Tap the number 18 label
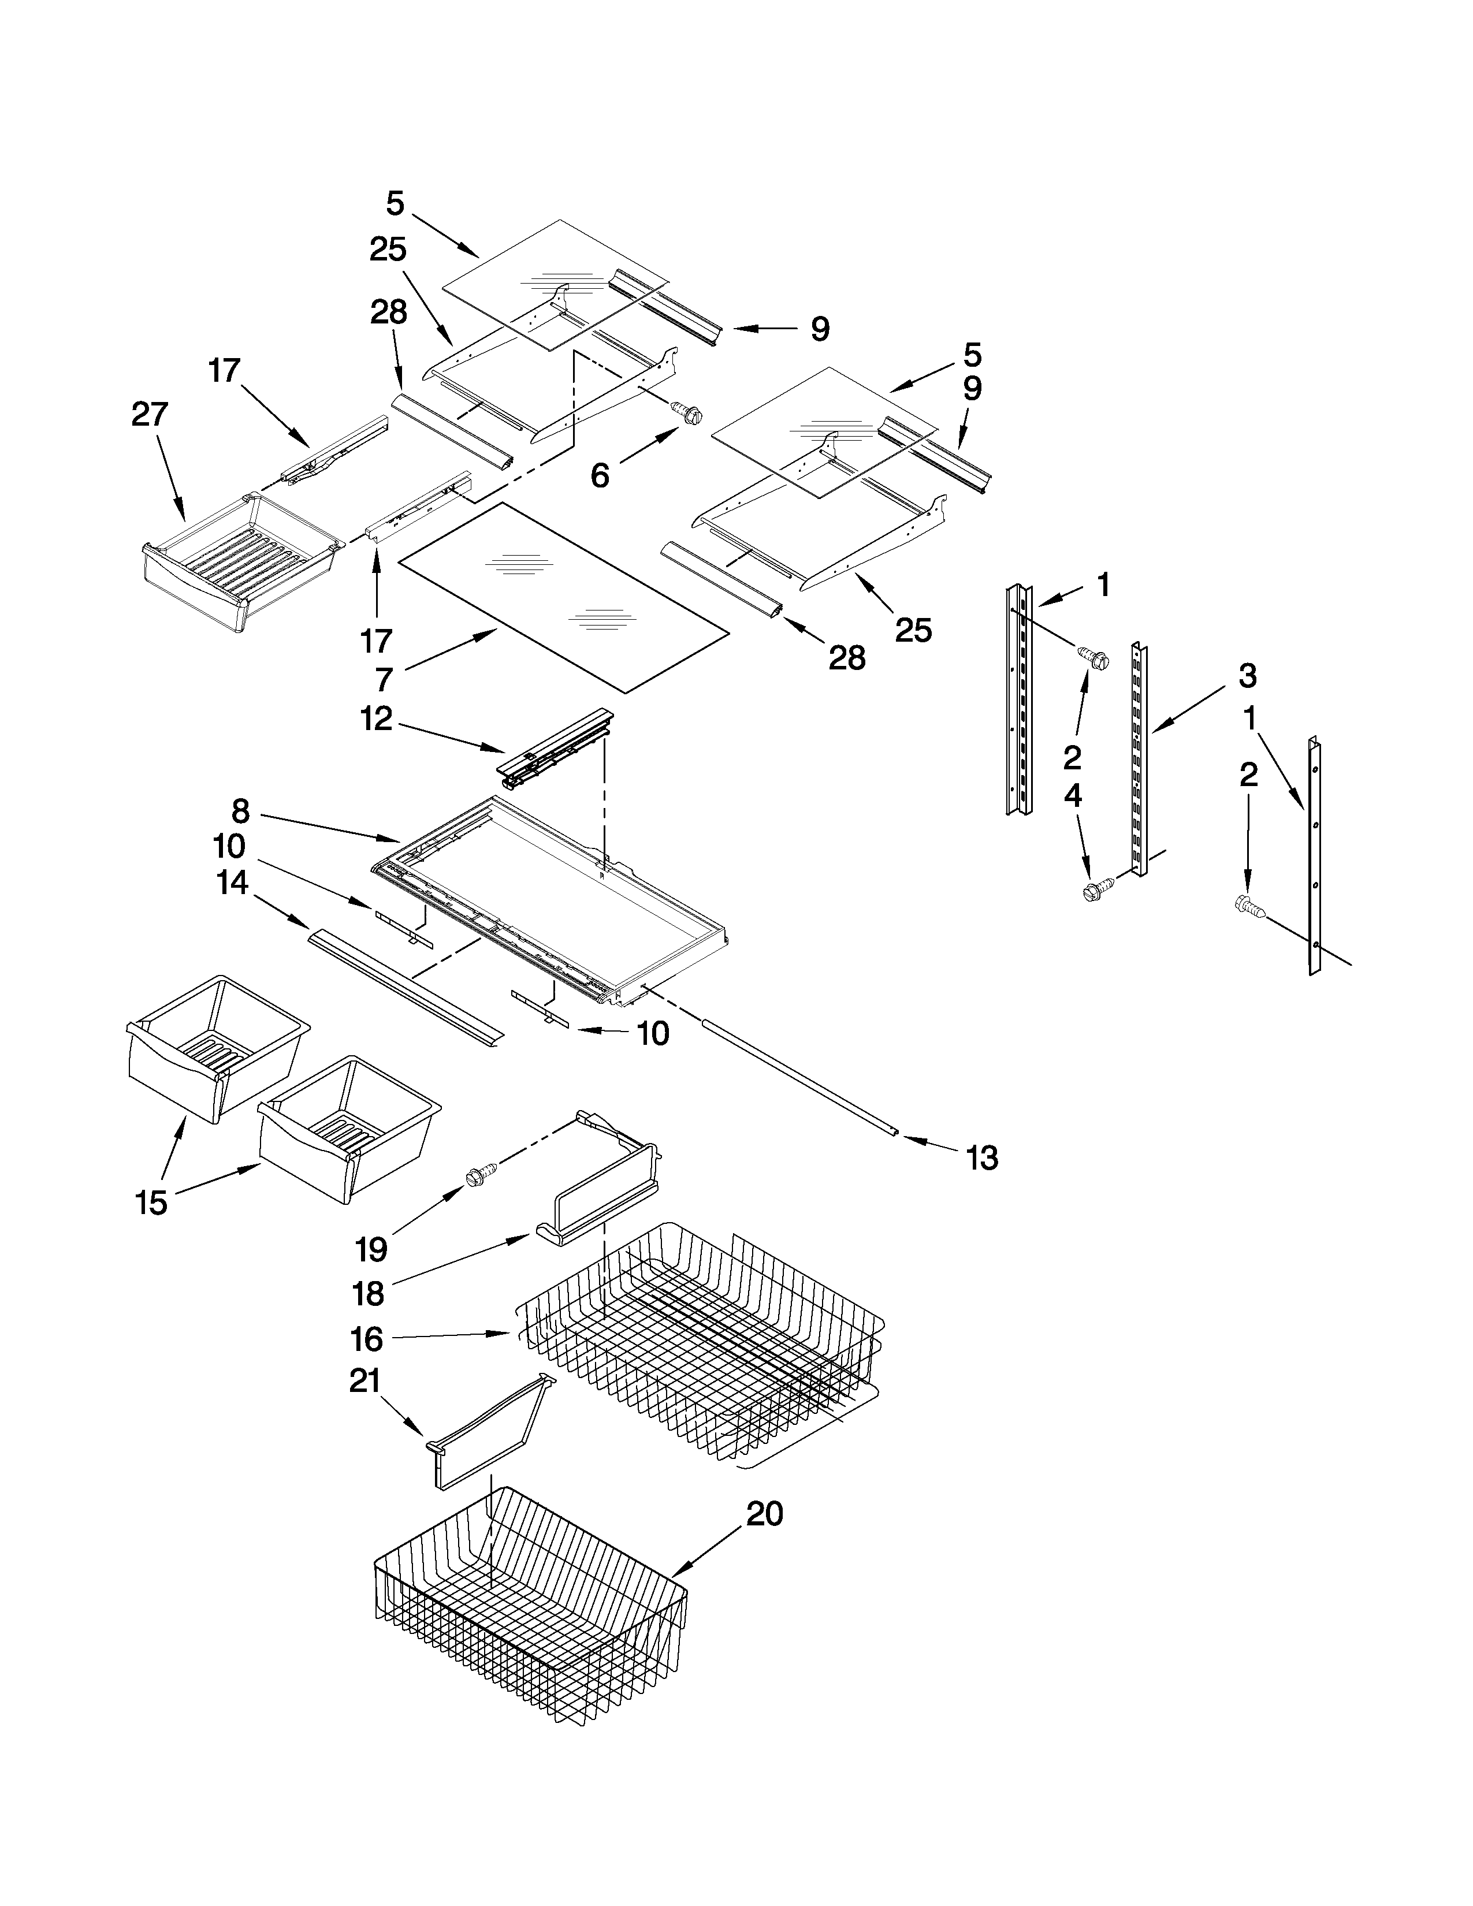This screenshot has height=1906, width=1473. coord(369,1293)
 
